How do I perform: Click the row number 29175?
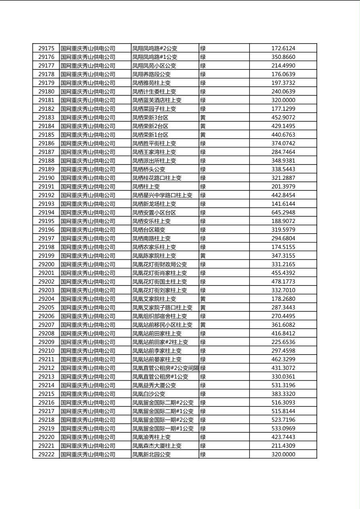(x=46, y=48)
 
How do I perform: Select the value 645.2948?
(x=283, y=213)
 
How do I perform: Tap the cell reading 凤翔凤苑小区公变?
(x=154, y=66)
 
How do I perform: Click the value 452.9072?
(x=283, y=117)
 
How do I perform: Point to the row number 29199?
(x=46, y=256)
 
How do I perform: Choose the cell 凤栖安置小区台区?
(x=154, y=213)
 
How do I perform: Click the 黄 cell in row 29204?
(x=203, y=299)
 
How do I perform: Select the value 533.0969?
(x=283, y=428)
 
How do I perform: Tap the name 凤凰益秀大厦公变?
(x=154, y=385)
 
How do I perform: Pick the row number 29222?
(x=46, y=454)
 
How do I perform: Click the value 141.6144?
(x=283, y=204)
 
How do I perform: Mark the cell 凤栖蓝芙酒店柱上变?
(x=157, y=100)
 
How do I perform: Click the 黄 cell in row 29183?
(x=203, y=117)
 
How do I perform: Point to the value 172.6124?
(x=283, y=48)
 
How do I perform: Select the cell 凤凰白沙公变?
(x=149, y=394)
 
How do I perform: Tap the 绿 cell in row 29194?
(x=203, y=213)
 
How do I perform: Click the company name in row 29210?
(x=88, y=350)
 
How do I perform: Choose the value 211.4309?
(x=283, y=446)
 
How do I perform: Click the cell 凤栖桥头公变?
(x=149, y=169)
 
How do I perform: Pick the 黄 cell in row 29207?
(x=203, y=325)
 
